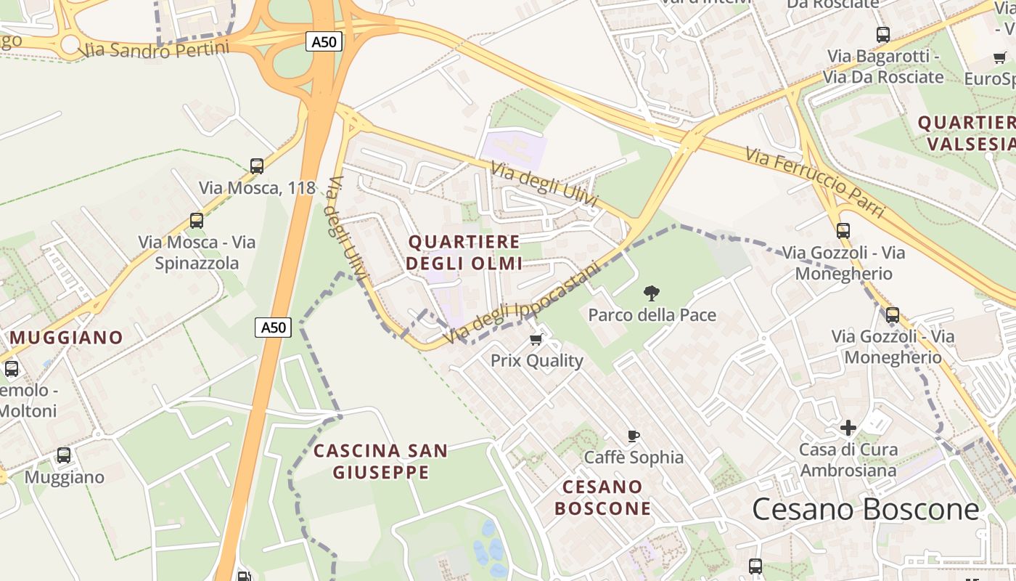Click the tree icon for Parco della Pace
pos(652,293)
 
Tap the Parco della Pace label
pos(652,315)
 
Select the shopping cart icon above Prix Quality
pos(536,339)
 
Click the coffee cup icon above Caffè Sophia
pos(634,436)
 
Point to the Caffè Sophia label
pos(634,458)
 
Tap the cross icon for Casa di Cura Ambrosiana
pos(848,428)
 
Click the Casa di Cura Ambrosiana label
pos(848,460)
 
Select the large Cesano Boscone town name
pos(865,510)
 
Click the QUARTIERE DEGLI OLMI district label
pos(464,252)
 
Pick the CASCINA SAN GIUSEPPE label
pos(381,462)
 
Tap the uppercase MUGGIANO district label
pos(66,338)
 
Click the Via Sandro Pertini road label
pos(154,49)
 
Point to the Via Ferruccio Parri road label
pos(815,182)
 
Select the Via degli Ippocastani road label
pos(523,304)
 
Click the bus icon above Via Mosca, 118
pos(257,166)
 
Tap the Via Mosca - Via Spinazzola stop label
pos(197,252)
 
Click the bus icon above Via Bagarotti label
pos(883,34)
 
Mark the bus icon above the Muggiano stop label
pos(64,455)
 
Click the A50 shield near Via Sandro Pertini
pos(324,42)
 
